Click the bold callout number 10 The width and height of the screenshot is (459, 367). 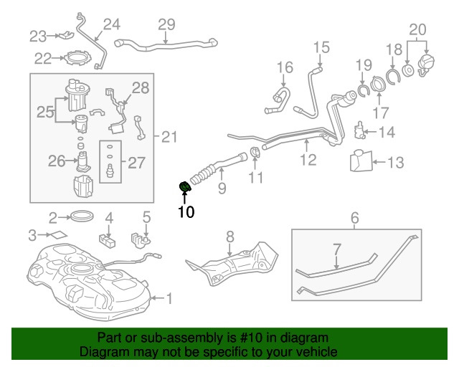click(x=186, y=211)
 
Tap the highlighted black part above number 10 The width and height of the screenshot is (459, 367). click(x=185, y=189)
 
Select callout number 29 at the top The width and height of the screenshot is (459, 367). click(x=166, y=24)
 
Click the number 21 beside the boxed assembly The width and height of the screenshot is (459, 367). click(x=167, y=137)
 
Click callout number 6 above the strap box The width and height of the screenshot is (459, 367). click(x=354, y=217)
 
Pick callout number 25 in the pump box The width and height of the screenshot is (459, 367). click(x=46, y=112)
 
